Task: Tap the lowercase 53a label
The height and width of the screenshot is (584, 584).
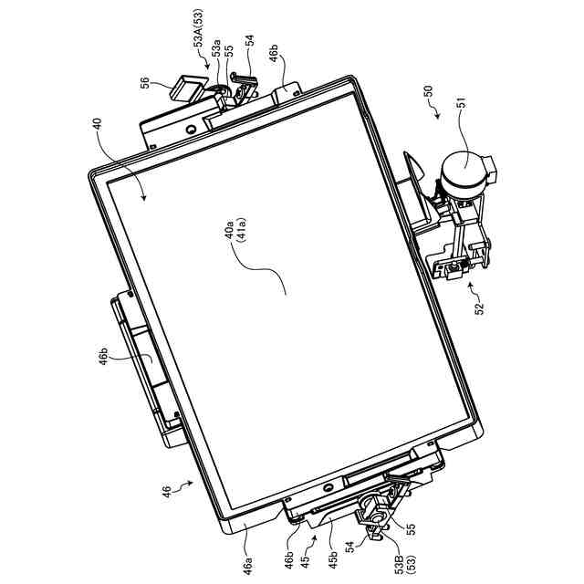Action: [215, 47]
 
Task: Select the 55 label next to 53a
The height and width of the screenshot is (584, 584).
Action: [229, 52]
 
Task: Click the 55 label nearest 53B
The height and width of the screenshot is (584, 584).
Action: [409, 527]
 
